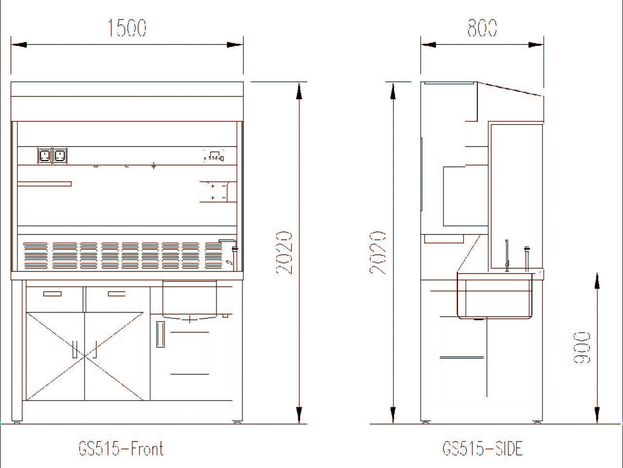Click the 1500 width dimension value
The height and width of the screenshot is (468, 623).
tap(127, 28)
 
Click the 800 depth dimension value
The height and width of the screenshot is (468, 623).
tap(482, 28)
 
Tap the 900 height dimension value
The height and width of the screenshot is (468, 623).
tap(581, 347)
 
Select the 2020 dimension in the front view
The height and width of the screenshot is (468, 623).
tap(284, 253)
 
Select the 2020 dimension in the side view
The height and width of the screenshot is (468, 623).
tap(377, 253)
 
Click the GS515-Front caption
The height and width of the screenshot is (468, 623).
tap(121, 448)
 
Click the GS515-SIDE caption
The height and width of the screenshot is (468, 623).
tap(482, 448)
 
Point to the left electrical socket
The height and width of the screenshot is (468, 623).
tap(45, 155)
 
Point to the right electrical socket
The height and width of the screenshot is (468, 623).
tap(60, 155)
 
